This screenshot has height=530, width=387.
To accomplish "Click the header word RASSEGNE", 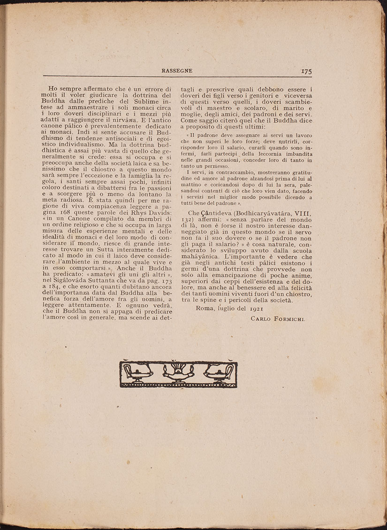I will pyautogui.click(x=177, y=70).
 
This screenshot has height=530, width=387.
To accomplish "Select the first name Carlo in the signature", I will pyautogui.click(x=260, y=319).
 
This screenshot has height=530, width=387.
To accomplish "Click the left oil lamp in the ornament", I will pyautogui.click(x=137, y=373).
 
